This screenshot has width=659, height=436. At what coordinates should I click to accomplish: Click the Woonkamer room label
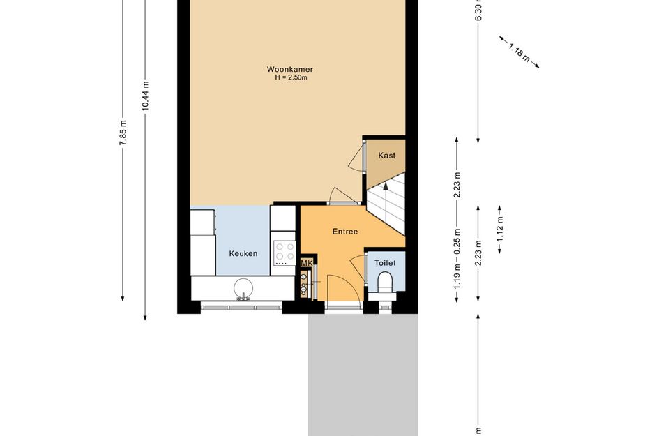tap(289, 69)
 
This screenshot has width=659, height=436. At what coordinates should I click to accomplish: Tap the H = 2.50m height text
tap(291, 77)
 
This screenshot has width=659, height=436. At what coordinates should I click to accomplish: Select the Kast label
tap(386, 156)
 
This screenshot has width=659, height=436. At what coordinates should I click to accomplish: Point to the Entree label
tap(345, 232)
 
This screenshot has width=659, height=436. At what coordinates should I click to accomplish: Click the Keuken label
tap(243, 253)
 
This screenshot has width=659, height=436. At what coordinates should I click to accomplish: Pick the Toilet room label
tap(385, 263)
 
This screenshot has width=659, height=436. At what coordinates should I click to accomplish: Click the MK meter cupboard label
tap(307, 263)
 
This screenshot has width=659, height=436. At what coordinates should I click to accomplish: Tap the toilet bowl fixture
tap(384, 282)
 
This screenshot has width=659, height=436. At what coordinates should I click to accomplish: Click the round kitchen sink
tap(243, 288)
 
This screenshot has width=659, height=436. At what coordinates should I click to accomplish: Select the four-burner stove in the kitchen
tap(285, 253)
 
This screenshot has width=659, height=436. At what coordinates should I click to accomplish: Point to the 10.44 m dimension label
tap(146, 96)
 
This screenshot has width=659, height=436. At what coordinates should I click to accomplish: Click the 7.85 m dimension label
tap(123, 133)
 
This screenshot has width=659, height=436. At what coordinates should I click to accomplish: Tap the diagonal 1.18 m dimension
tap(519, 52)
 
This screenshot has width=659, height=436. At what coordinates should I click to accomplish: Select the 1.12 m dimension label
tap(500, 230)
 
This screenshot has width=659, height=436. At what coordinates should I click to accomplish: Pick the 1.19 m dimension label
tap(457, 277)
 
